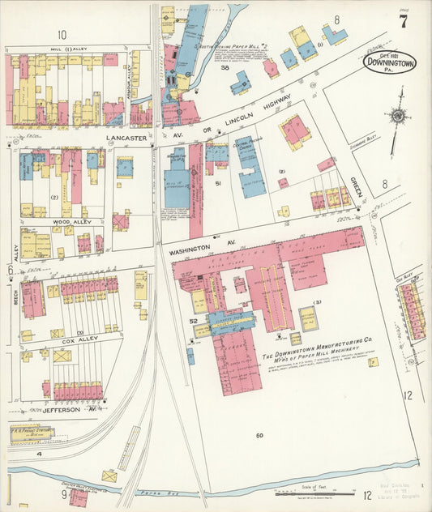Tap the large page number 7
tap(403, 22)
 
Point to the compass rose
tap(397, 116)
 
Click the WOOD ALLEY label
tap(72, 221)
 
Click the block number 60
tap(259, 436)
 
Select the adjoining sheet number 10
tap(62, 34)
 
